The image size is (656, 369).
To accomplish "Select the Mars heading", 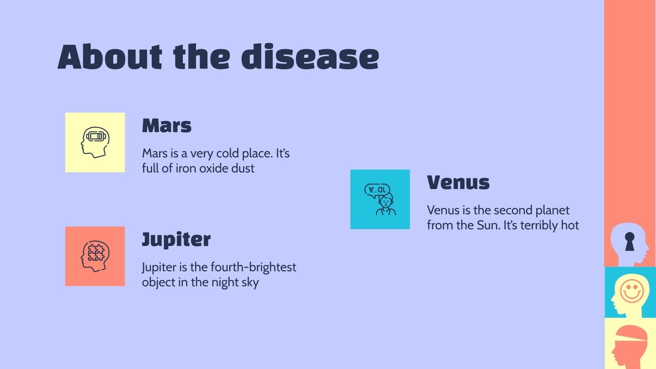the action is (x=166, y=125).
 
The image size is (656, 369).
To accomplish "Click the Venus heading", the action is (x=458, y=182).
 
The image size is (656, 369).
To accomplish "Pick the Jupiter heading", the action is (x=176, y=239).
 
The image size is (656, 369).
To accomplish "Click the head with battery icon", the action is (x=95, y=142).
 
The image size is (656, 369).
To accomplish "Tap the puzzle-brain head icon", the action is (x=95, y=256).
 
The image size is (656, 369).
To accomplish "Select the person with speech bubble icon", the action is (x=380, y=199).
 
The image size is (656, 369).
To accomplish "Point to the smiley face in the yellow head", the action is (x=632, y=291).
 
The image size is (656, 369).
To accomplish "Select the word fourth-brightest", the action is (x=253, y=267).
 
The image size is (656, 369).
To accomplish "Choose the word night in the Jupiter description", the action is (x=225, y=282).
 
